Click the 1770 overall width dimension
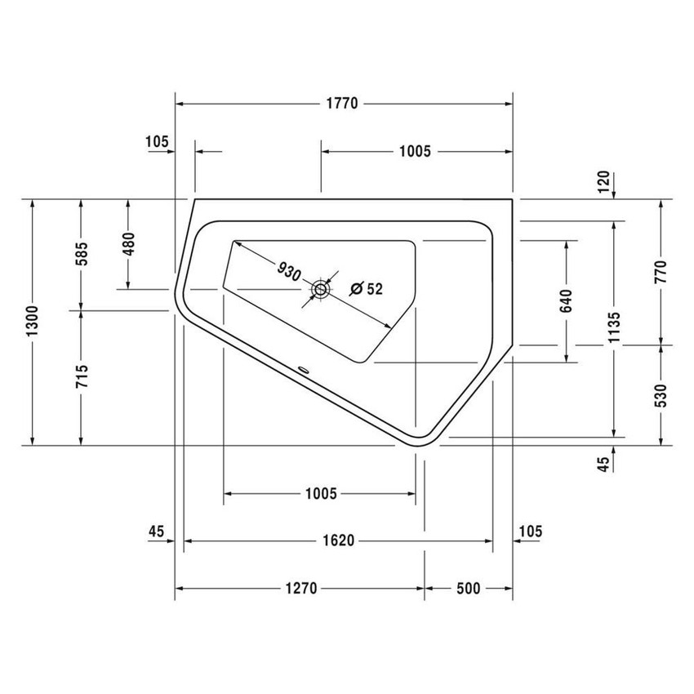tap(344, 104)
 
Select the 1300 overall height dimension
tap(32, 323)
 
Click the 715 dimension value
tap(80, 378)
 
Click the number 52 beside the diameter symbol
tap(375, 288)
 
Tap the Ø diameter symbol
tap(357, 288)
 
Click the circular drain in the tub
tap(321, 288)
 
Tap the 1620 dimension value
tap(338, 541)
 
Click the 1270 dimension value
tap(301, 588)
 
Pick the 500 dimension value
tap(468, 588)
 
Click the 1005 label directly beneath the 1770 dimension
tap(415, 151)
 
